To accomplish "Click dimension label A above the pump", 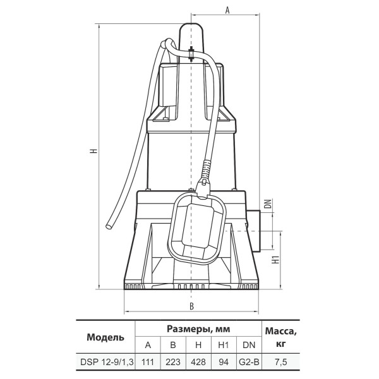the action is click(x=227, y=10).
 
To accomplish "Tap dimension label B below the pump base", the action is click(x=191, y=306).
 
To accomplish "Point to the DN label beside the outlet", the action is click(x=268, y=204).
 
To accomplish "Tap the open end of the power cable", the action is click(x=109, y=227).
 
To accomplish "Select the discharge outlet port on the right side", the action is click(x=253, y=231).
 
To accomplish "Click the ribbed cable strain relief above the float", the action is click(x=206, y=169).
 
